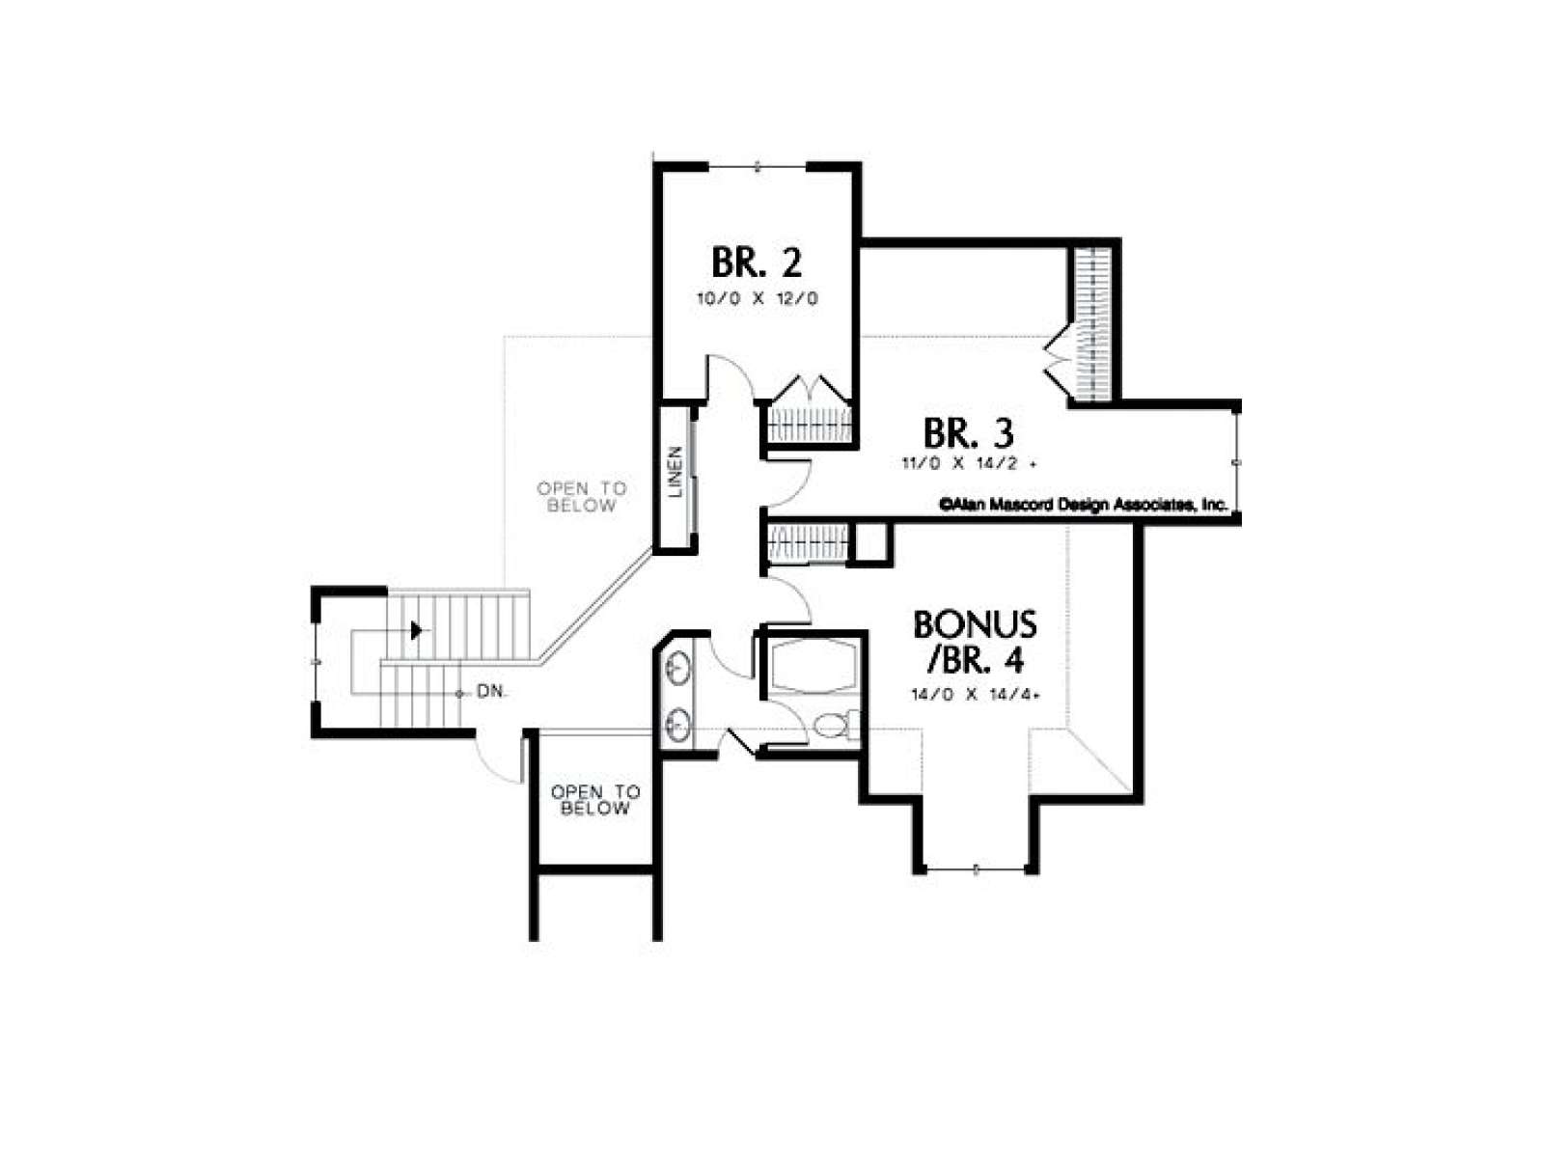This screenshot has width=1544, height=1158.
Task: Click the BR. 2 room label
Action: coord(757,262)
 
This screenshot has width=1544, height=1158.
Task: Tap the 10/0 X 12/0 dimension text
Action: coord(757,298)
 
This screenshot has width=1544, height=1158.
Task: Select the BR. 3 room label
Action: coord(968,432)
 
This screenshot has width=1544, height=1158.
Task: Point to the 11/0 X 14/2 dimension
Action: coord(968,463)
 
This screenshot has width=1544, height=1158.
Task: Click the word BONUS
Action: coord(975,624)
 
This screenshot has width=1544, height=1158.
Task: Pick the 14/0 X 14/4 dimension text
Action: coord(975,695)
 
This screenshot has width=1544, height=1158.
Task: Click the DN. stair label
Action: coord(492,691)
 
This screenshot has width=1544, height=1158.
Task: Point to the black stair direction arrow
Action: coord(417,630)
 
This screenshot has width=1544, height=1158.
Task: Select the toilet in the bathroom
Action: coord(835,724)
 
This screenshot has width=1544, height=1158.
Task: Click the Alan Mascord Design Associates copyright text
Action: coord(1084,505)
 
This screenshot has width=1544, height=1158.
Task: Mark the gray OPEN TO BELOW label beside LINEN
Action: coord(581,496)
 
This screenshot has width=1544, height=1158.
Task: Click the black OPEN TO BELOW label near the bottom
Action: coord(595,800)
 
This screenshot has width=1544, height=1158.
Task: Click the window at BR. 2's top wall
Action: coord(757,167)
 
